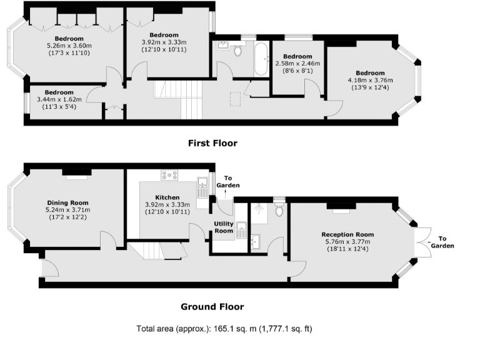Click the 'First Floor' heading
(x=212, y=143)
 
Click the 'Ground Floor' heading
(x=212, y=306)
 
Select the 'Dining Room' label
(x=67, y=202)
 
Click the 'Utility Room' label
(x=224, y=227)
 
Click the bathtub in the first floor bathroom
(x=261, y=59)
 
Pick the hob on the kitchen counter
(x=169, y=175)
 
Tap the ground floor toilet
(x=279, y=209)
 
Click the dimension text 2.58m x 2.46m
(x=297, y=64)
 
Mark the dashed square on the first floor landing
(x=236, y=98)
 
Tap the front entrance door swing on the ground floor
(x=49, y=269)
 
